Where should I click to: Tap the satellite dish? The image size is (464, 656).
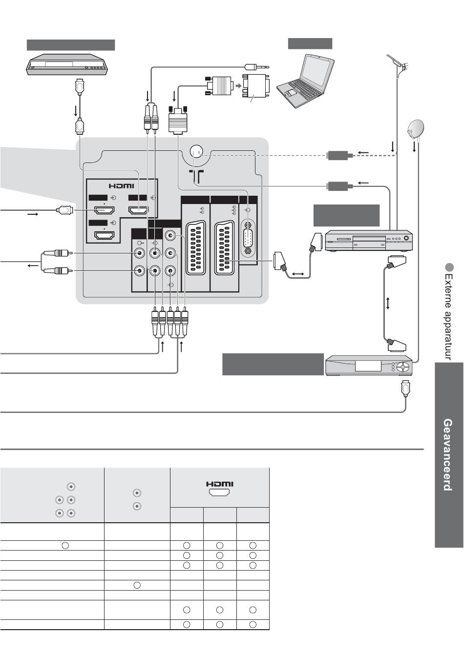tap(415, 129)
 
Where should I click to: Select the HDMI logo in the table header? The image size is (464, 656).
tap(220, 484)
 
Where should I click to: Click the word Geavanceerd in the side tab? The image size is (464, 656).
tap(446, 454)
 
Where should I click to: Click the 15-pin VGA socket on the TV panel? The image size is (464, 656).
tap(248, 239)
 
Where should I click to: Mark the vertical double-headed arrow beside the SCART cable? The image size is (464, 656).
tap(388, 303)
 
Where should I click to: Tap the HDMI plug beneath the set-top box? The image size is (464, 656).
tap(405, 389)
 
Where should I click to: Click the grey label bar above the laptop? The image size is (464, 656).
tap(310, 43)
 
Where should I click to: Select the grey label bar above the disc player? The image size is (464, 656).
tap(70, 45)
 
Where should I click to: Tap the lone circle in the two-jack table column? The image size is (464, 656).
tap(137, 585)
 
